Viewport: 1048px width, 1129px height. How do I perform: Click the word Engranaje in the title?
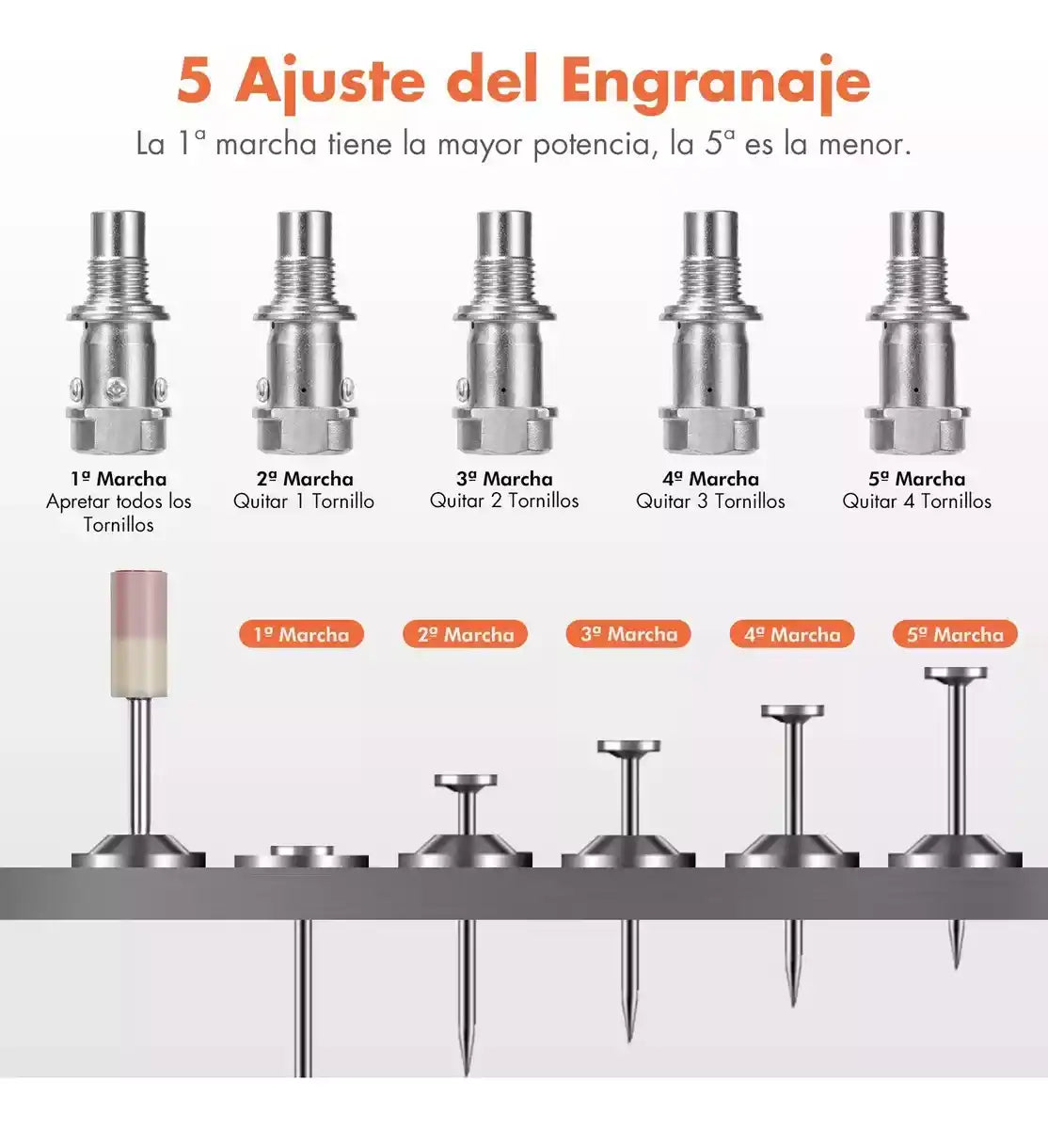coord(716,85)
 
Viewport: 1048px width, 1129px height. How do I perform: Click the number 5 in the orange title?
coord(196,80)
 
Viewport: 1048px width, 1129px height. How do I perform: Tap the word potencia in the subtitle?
coord(592,144)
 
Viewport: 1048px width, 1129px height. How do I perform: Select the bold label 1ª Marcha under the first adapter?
coord(119,479)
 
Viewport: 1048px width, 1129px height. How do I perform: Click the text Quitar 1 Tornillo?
coord(304,501)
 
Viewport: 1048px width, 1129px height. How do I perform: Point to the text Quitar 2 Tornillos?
coord(504,501)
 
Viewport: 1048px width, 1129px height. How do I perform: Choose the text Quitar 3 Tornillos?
coord(710,501)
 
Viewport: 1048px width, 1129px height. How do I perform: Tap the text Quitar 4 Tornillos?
coord(916,501)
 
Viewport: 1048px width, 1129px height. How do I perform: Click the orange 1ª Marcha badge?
coord(301,634)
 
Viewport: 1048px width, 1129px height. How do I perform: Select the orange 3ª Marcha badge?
coord(628,633)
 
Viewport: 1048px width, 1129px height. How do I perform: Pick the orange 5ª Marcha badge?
coord(955,634)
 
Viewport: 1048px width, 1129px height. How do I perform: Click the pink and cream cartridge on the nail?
coord(138,634)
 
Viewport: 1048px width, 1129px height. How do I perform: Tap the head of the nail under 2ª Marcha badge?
coord(466,780)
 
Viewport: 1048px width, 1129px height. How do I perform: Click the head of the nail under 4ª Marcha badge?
coord(792,710)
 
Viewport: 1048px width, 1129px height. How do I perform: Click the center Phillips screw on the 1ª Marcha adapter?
coord(119,390)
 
